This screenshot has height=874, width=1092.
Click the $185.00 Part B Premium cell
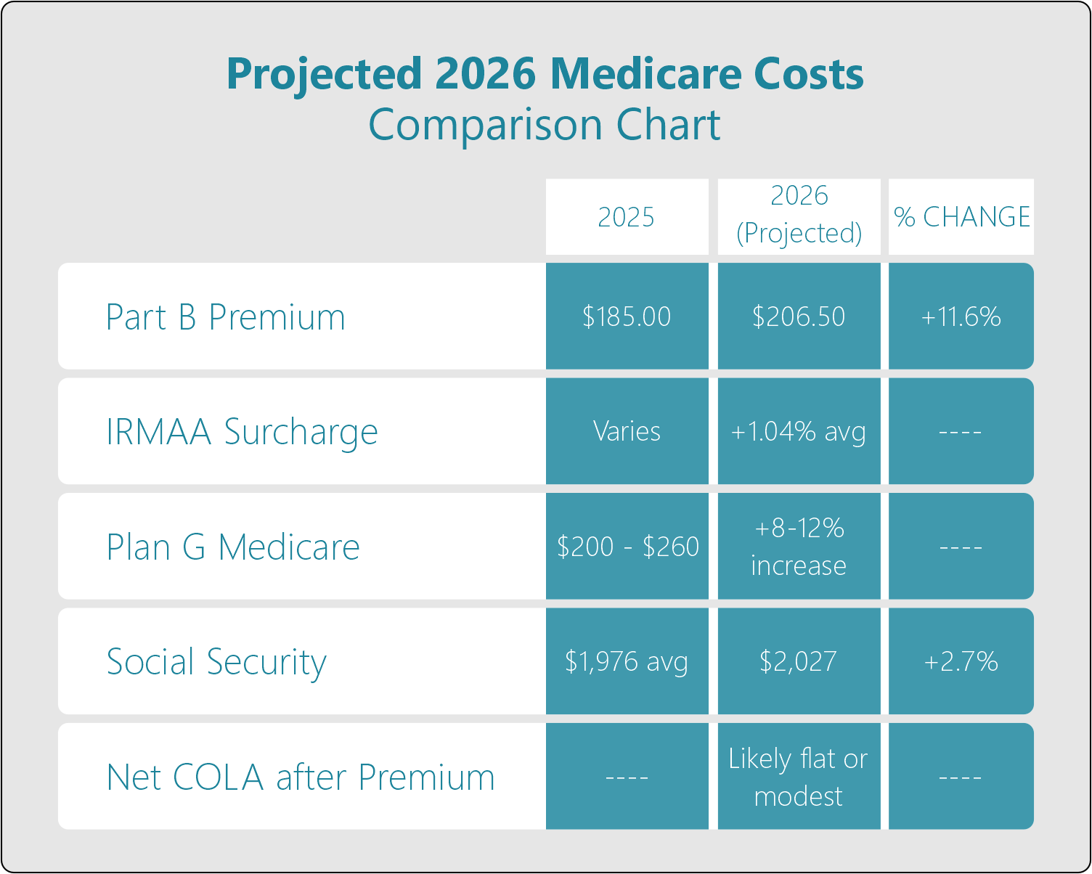point(627,316)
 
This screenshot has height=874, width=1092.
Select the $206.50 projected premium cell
point(799,316)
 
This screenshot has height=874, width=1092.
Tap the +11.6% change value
point(961,316)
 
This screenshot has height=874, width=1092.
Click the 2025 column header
point(627,217)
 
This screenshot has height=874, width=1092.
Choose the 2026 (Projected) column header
point(799,215)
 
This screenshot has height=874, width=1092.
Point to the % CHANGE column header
point(961,217)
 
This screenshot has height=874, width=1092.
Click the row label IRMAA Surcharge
point(242,432)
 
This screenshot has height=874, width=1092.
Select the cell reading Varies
point(627,431)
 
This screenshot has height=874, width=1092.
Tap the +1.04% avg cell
point(799,431)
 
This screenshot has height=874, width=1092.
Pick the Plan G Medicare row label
point(233,547)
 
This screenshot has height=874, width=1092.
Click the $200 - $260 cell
point(627,546)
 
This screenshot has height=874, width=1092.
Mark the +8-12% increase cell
point(799,546)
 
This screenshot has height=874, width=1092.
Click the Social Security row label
point(216,662)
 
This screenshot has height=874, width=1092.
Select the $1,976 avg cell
point(627,661)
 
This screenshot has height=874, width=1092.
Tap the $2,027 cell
point(799,661)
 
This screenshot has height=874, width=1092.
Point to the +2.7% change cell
point(961,661)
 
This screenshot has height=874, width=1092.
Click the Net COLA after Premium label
point(301,777)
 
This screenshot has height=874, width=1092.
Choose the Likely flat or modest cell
point(799,777)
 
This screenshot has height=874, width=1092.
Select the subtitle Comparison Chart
point(545,125)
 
